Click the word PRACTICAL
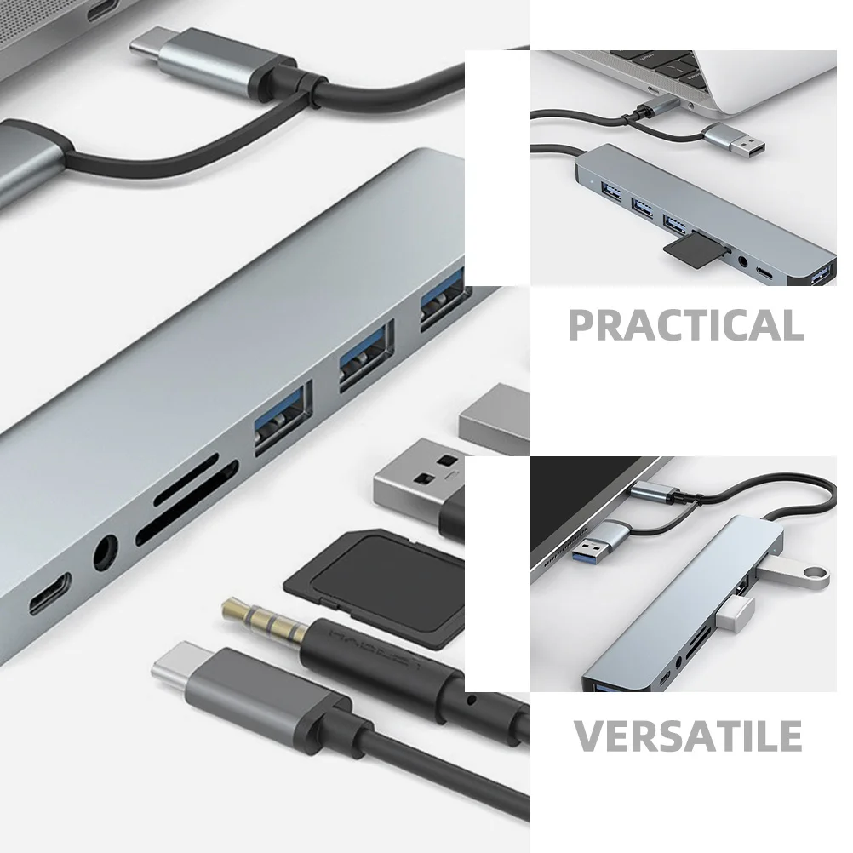point(685,325)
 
